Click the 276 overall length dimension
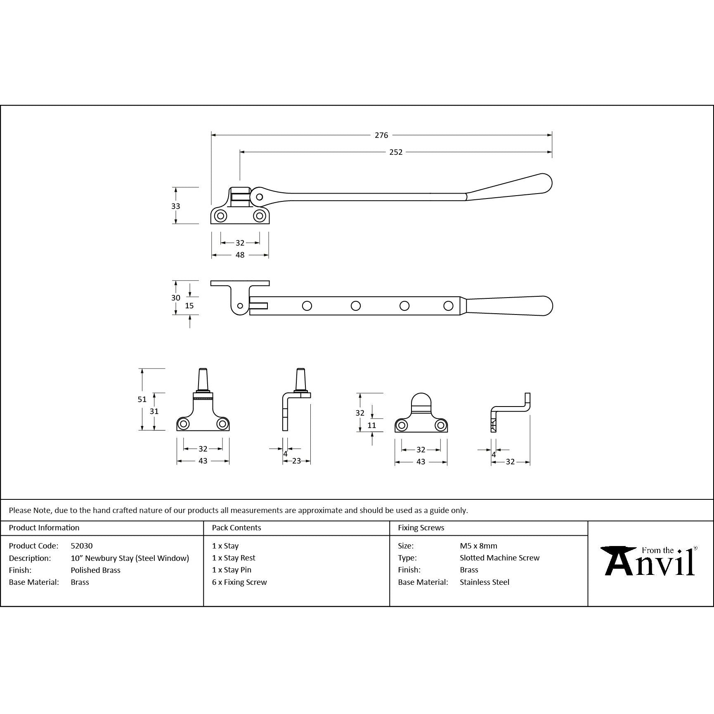pyautogui.click(x=381, y=135)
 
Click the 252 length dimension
pyautogui.click(x=395, y=152)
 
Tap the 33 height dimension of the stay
pyautogui.click(x=175, y=206)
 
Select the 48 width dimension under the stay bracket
pyautogui.click(x=240, y=255)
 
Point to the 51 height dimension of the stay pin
pyautogui.click(x=142, y=399)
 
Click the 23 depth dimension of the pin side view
pyautogui.click(x=296, y=461)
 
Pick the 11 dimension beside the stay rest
pyautogui.click(x=371, y=425)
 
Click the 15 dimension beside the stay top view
pyautogui.click(x=189, y=306)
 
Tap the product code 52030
pyautogui.click(x=82, y=546)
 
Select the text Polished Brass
pyautogui.click(x=95, y=570)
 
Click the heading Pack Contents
pyautogui.click(x=236, y=527)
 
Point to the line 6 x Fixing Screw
pyautogui.click(x=239, y=582)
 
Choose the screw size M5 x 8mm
pyautogui.click(x=478, y=546)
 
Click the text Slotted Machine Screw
pyautogui.click(x=499, y=558)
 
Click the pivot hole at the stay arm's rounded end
pyautogui.click(x=259, y=197)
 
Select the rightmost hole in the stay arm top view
pyautogui.click(x=448, y=306)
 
